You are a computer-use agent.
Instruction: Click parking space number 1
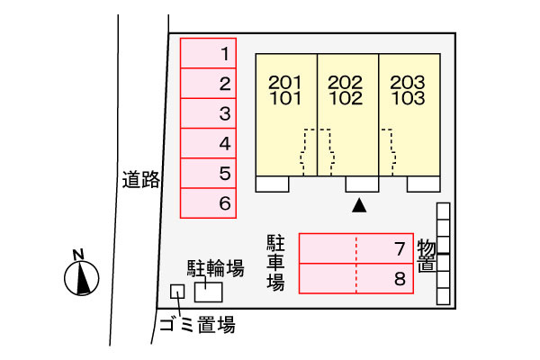coord(208,53)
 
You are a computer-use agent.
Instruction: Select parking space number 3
coord(208,113)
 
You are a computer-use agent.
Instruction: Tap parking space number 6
coord(208,203)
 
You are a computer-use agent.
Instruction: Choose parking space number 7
coord(356,248)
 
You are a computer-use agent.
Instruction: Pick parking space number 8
coord(356,279)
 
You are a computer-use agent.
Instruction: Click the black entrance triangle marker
coord(359,205)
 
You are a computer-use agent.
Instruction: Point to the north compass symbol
coord(81,274)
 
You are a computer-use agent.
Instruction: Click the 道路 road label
coord(141,179)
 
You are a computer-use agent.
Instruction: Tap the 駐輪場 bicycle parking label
coord(216,268)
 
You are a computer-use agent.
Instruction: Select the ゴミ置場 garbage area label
coord(197,325)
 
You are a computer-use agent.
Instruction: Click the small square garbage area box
coord(177,292)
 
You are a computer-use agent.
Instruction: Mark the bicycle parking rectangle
coord(209,292)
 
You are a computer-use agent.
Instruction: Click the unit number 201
coord(284,82)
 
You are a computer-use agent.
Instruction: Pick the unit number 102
coord(346,98)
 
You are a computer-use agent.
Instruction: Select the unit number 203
coord(408,82)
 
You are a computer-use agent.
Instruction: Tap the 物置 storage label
coord(427,256)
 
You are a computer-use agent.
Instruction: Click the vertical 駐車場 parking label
coord(275,263)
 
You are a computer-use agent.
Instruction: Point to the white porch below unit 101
coord(272,184)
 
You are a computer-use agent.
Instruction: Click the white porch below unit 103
coord(423,184)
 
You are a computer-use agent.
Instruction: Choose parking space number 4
coord(208,143)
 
